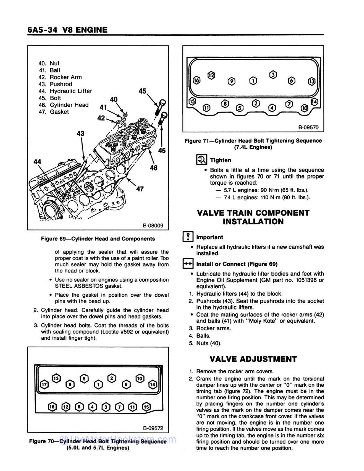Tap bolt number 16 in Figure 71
pyautogui.click(x=197, y=80)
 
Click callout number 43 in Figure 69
pyautogui.click(x=80, y=133)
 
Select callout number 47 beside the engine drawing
pyautogui.click(x=140, y=189)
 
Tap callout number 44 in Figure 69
pyautogui.click(x=37, y=162)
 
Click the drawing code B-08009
pyautogui.click(x=153, y=226)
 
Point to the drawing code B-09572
pyautogui.click(x=153, y=428)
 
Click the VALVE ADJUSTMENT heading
pyautogui.click(x=253, y=359)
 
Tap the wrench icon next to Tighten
pyautogui.click(x=201, y=160)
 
